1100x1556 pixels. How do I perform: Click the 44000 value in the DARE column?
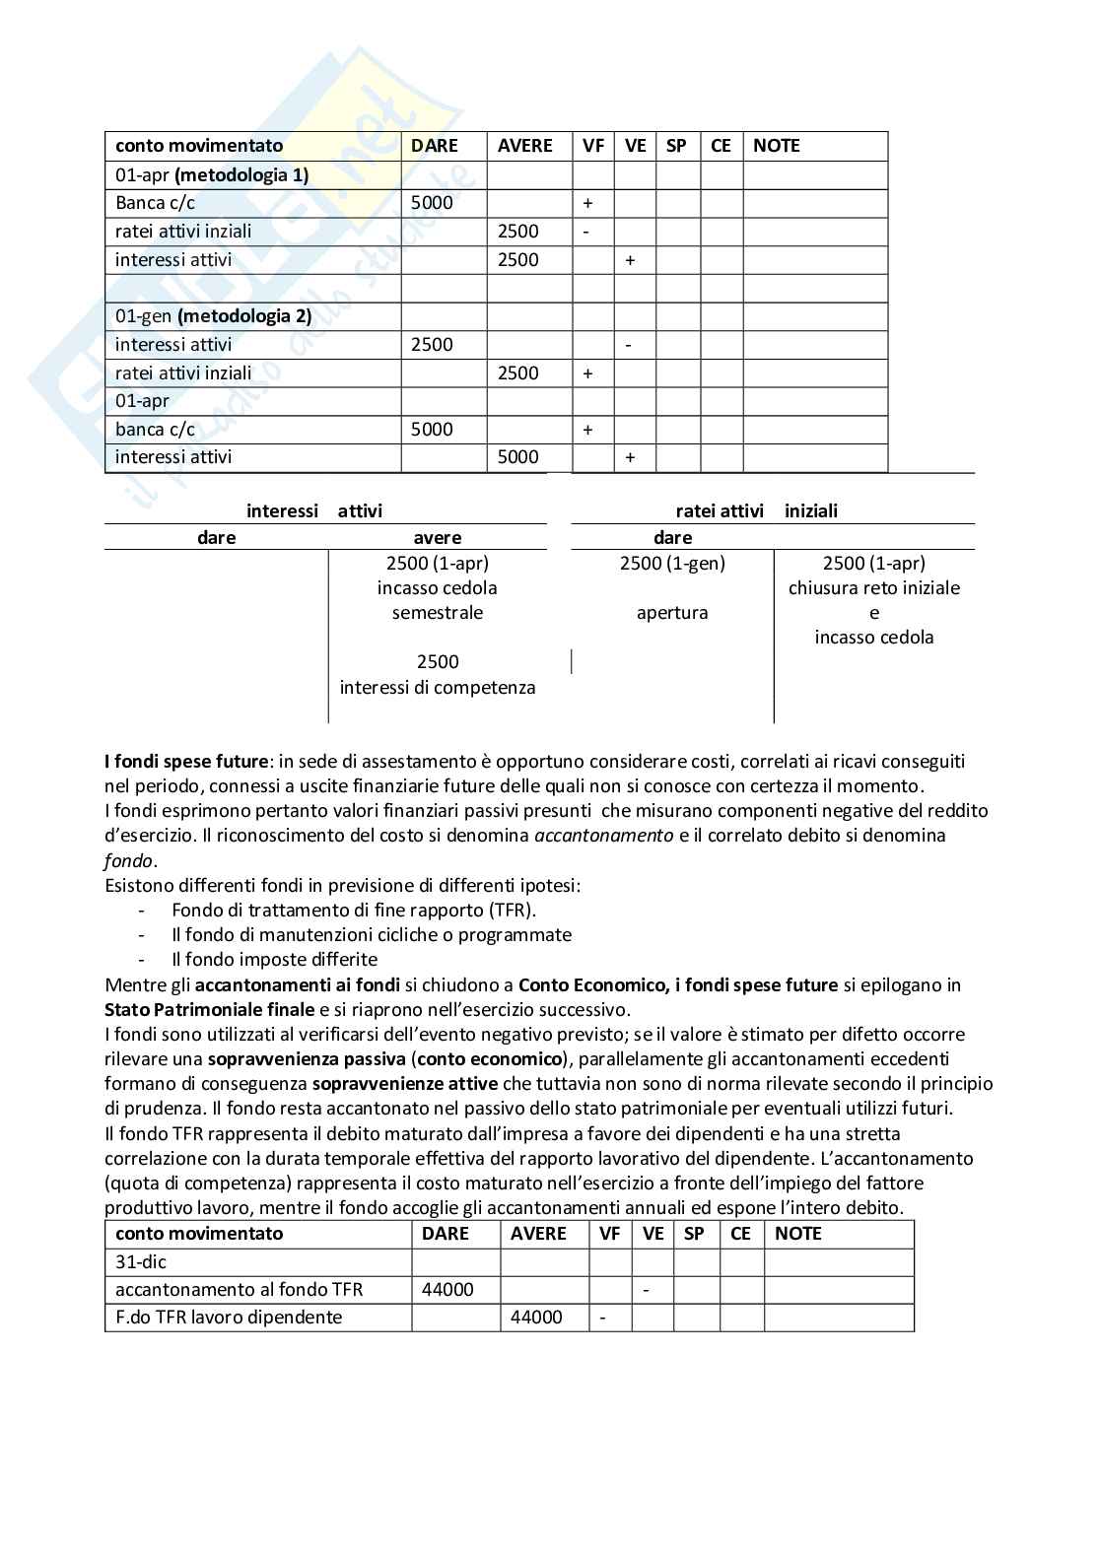[x=447, y=1289]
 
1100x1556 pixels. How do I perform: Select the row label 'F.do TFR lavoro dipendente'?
[x=229, y=1317]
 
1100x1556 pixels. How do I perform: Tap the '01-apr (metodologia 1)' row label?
[x=212, y=174]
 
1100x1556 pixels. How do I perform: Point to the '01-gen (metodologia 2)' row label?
[x=213, y=316]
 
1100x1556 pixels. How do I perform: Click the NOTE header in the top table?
[x=777, y=146]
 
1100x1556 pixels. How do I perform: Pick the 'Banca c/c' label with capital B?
[x=155, y=203]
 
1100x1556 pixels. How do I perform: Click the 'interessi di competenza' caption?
[x=438, y=687]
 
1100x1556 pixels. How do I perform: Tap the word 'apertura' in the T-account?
[x=672, y=612]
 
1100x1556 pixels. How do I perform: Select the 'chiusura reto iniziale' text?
[x=874, y=587]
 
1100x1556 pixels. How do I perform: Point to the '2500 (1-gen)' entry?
[x=672, y=563]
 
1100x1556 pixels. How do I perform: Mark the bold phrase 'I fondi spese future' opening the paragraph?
[x=186, y=761]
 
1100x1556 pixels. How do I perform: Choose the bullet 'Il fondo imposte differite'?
[x=274, y=959]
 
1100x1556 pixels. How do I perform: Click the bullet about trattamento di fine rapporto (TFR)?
[x=354, y=910]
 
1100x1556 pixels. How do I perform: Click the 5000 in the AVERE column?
[x=518, y=457]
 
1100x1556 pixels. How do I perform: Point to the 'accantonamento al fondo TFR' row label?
[x=239, y=1289]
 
